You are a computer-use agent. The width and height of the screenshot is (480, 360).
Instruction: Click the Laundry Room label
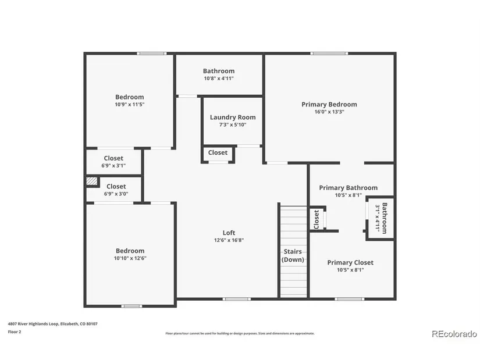[233, 117]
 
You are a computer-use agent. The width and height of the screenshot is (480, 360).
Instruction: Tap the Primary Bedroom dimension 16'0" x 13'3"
[329, 112]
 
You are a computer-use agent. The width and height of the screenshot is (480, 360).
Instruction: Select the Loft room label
[229, 233]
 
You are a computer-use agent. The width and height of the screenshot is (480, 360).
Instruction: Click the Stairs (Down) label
[293, 256]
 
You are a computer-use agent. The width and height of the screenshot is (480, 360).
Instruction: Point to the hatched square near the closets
[91, 181]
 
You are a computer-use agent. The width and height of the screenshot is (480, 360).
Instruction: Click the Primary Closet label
[350, 262]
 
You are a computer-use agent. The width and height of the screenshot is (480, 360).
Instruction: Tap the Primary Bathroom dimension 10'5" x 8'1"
[349, 195]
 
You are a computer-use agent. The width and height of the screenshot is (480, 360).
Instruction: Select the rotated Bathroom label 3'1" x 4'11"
[382, 218]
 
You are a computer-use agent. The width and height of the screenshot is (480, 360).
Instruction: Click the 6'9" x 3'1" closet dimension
[113, 166]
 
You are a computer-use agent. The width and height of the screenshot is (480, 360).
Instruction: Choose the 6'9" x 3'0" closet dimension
[116, 194]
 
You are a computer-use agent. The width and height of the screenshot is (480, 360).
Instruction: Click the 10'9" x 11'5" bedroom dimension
[130, 104]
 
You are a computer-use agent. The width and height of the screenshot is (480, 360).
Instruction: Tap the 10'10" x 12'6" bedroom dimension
[130, 258]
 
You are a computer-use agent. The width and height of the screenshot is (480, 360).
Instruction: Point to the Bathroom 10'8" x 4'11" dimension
[219, 79]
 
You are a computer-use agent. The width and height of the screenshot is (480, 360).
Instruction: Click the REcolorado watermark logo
[454, 334]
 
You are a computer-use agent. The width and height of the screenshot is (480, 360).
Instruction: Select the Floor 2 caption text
[15, 332]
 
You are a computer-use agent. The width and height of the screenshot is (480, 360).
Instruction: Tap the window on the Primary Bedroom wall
[329, 54]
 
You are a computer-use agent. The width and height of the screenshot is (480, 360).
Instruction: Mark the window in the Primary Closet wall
[349, 299]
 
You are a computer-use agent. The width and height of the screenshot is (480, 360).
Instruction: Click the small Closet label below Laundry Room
[218, 152]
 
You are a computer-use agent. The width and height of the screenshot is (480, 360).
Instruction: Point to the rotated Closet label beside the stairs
[317, 219]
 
